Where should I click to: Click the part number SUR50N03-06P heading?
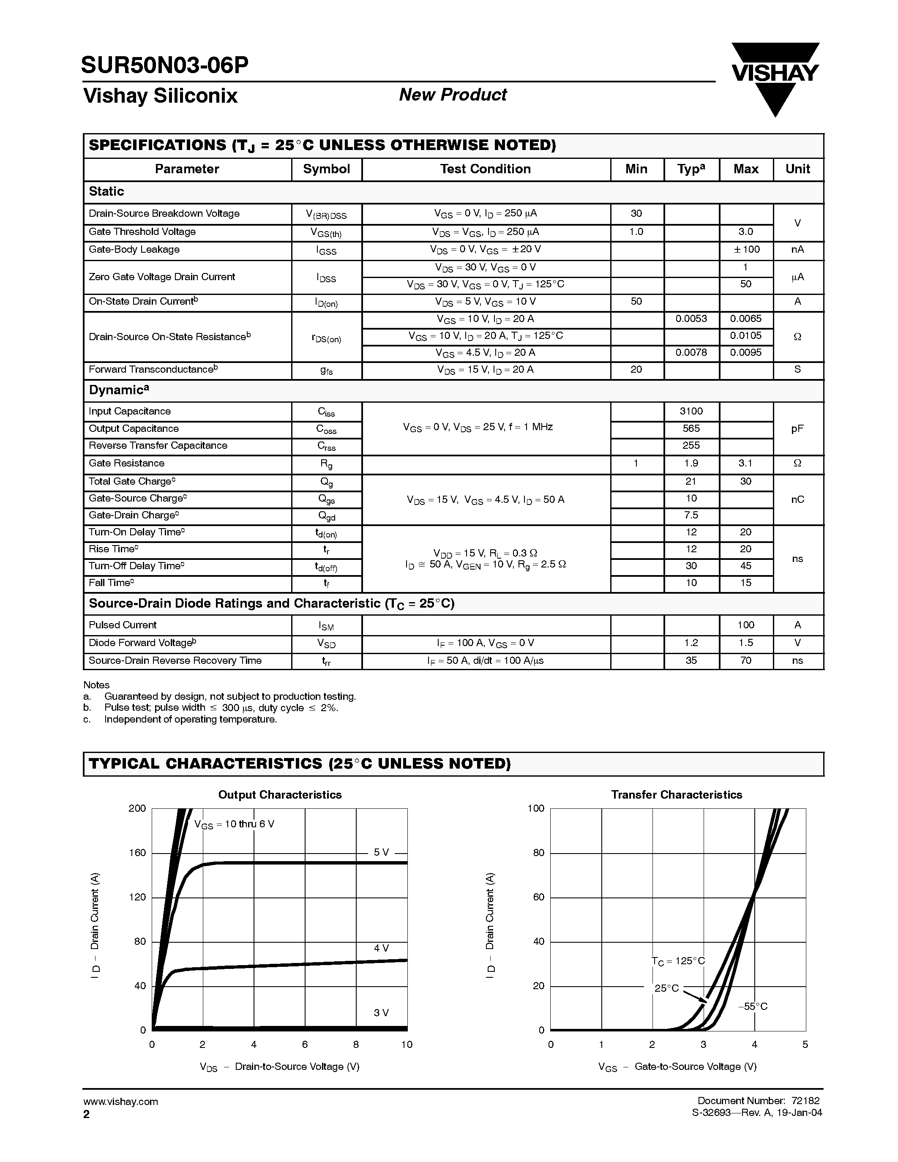coord(164,65)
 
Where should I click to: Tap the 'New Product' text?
coord(452,95)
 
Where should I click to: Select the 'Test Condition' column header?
coord(485,169)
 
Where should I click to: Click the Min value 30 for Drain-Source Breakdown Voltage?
coord(636,213)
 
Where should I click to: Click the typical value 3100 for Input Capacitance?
coord(691,411)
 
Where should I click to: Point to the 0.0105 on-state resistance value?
coord(745,336)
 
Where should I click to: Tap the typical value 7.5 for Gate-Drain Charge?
coord(691,515)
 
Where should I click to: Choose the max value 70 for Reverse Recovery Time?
coord(745,660)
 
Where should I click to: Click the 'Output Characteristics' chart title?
coord(280,794)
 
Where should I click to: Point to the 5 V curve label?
coord(381,852)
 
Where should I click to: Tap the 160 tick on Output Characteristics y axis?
coord(137,853)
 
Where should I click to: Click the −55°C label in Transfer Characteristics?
coord(752,1006)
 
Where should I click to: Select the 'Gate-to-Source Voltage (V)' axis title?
coord(695,1066)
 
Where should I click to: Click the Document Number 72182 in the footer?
coord(758,1100)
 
